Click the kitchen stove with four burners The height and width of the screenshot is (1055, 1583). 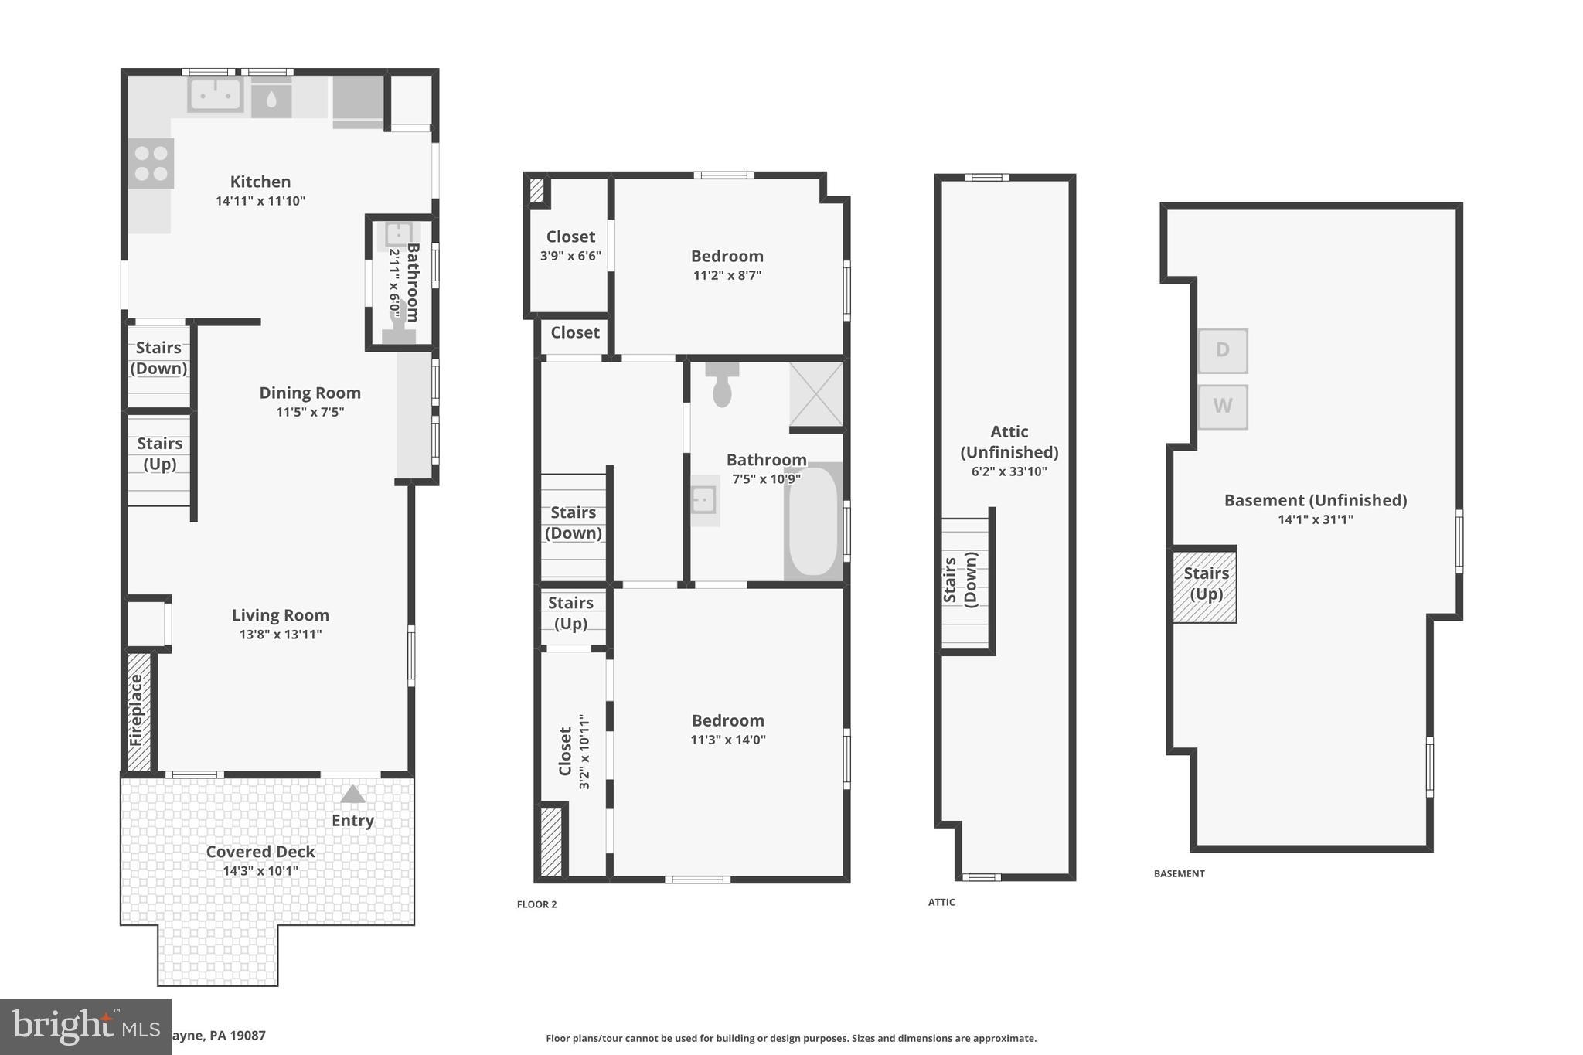click(151, 163)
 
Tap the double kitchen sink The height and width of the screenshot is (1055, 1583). click(215, 95)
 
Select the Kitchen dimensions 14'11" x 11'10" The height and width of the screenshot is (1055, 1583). click(260, 201)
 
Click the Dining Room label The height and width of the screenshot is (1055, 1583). click(309, 393)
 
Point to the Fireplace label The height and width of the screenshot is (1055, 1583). click(137, 710)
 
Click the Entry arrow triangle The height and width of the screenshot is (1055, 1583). click(352, 795)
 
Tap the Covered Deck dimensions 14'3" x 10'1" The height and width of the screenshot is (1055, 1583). click(260, 871)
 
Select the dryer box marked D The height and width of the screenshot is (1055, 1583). click(1222, 350)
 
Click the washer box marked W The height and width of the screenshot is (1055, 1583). click(1222, 406)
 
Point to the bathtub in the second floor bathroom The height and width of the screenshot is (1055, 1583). click(812, 522)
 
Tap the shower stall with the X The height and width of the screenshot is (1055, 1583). click(816, 394)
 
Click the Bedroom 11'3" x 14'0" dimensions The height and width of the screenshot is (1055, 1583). click(727, 740)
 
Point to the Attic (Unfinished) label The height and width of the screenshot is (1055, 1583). click(1009, 441)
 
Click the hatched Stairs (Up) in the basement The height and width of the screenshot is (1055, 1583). click(1205, 584)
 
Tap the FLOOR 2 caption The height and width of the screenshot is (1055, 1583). click(536, 904)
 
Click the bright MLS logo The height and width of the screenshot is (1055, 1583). click(85, 1026)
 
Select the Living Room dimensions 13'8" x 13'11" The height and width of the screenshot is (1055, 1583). click(280, 635)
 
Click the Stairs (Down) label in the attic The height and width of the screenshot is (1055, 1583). click(960, 580)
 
